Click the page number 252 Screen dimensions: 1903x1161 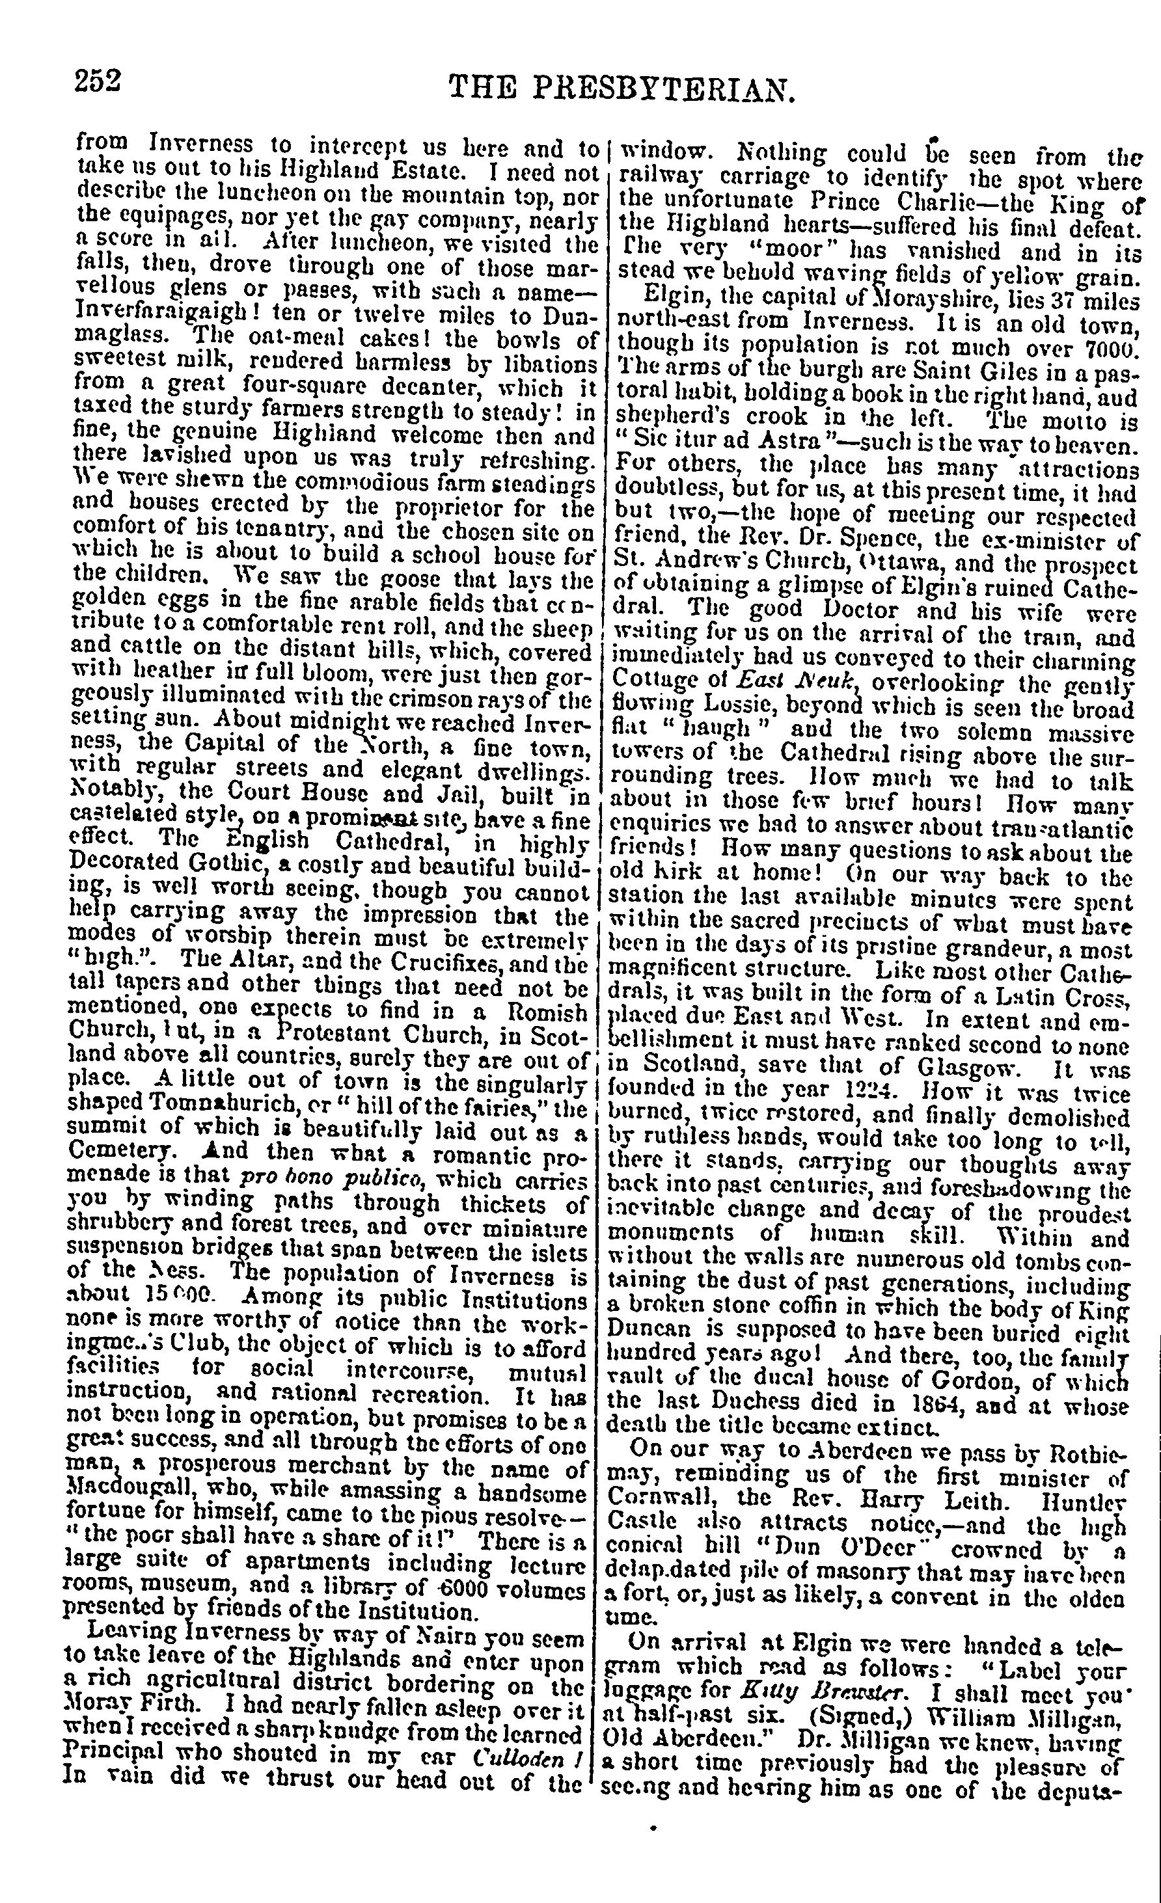[x=99, y=79]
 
